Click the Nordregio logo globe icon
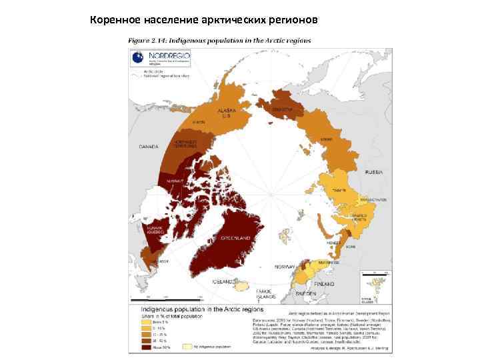(x=136, y=59)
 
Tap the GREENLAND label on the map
(x=236, y=238)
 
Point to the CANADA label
(x=148, y=146)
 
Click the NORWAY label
(x=285, y=267)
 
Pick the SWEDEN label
(x=305, y=293)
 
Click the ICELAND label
(x=222, y=282)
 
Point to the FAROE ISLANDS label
(x=263, y=295)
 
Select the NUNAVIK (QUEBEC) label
(x=148, y=229)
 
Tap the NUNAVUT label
(x=175, y=179)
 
